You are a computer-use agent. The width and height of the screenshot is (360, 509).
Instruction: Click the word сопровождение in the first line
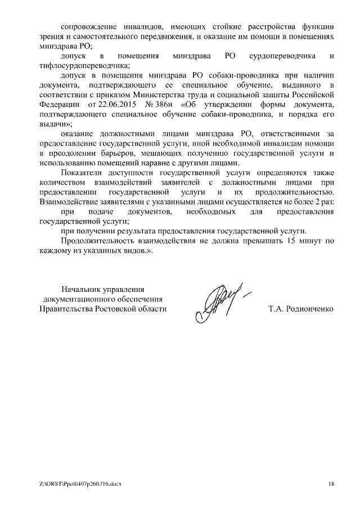pyautogui.click(x=88, y=26)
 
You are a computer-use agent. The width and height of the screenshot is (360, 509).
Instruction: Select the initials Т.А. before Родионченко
pyautogui.click(x=277, y=309)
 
